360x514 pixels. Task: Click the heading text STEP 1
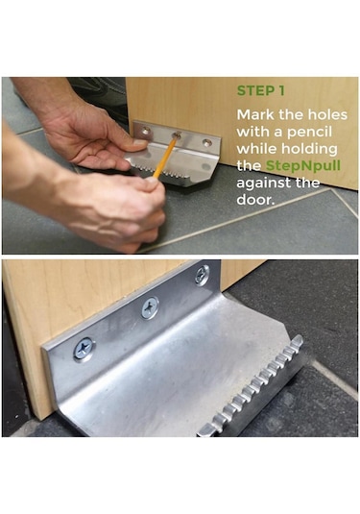pyautogui.click(x=261, y=91)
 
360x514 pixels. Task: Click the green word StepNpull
pyautogui.click(x=303, y=165)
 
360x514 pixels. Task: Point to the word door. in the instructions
pyautogui.click(x=255, y=199)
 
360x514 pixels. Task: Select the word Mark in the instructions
pyautogui.click(x=255, y=114)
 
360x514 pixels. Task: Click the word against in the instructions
pyautogui.click(x=264, y=183)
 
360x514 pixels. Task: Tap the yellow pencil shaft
pyautogui.click(x=165, y=157)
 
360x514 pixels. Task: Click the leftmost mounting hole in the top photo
pyautogui.click(x=146, y=131)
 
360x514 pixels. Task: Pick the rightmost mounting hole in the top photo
pyautogui.click(x=206, y=142)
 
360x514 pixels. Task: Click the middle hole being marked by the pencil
pyautogui.click(x=177, y=135)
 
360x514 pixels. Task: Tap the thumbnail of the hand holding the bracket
pyautogui.click(x=139, y=142)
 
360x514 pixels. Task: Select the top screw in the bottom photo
pyautogui.click(x=202, y=275)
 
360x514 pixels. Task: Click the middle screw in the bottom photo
pyautogui.click(x=150, y=307)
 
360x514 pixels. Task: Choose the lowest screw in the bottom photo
pyautogui.click(x=84, y=348)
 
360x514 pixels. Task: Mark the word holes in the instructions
pyautogui.click(x=328, y=114)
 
